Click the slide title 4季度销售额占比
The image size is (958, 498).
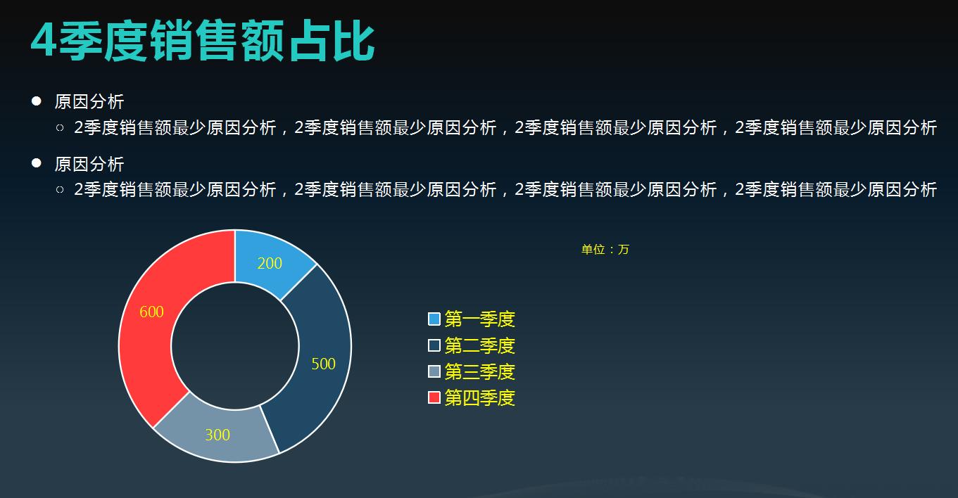click(x=203, y=41)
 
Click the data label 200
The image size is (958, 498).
click(x=270, y=263)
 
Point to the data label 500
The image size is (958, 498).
click(x=323, y=364)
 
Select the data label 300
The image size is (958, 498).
click(x=218, y=435)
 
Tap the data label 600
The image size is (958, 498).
click(x=151, y=312)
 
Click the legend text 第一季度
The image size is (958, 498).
click(x=480, y=319)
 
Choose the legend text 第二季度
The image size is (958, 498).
click(x=480, y=345)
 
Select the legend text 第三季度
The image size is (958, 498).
click(x=480, y=371)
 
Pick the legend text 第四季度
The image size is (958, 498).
click(x=480, y=397)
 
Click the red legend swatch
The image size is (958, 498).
click(x=434, y=397)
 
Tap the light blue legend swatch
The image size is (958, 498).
click(x=434, y=319)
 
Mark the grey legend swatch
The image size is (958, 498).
click(x=434, y=371)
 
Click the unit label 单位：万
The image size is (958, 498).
click(x=605, y=249)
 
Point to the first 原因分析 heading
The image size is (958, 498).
click(x=89, y=102)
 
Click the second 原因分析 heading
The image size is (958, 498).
click(x=89, y=164)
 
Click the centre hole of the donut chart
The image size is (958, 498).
click(x=235, y=346)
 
